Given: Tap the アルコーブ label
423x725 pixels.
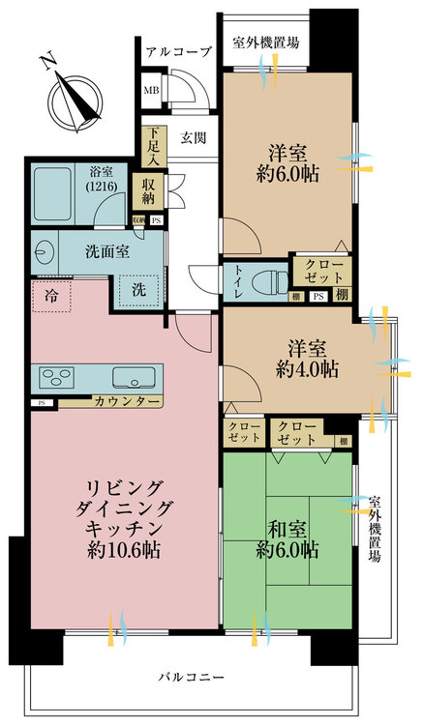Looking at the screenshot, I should click(177, 53).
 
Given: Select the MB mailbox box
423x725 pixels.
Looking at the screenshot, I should click(152, 92).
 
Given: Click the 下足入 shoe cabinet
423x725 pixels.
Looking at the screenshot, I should click(152, 144).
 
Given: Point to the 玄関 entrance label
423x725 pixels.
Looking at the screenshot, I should click(195, 137).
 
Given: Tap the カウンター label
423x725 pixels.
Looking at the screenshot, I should click(126, 400).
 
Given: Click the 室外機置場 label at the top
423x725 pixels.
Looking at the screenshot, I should click(265, 43).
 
